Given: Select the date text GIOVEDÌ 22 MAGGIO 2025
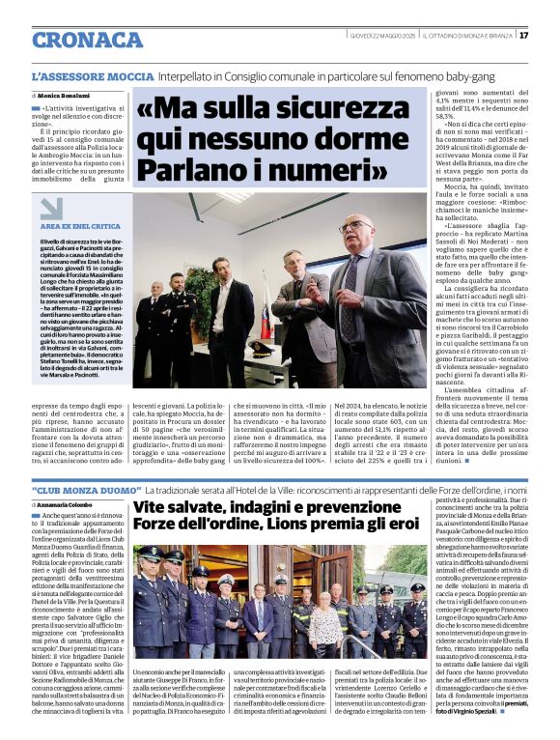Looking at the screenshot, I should (383, 36).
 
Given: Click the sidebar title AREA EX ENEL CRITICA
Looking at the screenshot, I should (81, 225).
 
